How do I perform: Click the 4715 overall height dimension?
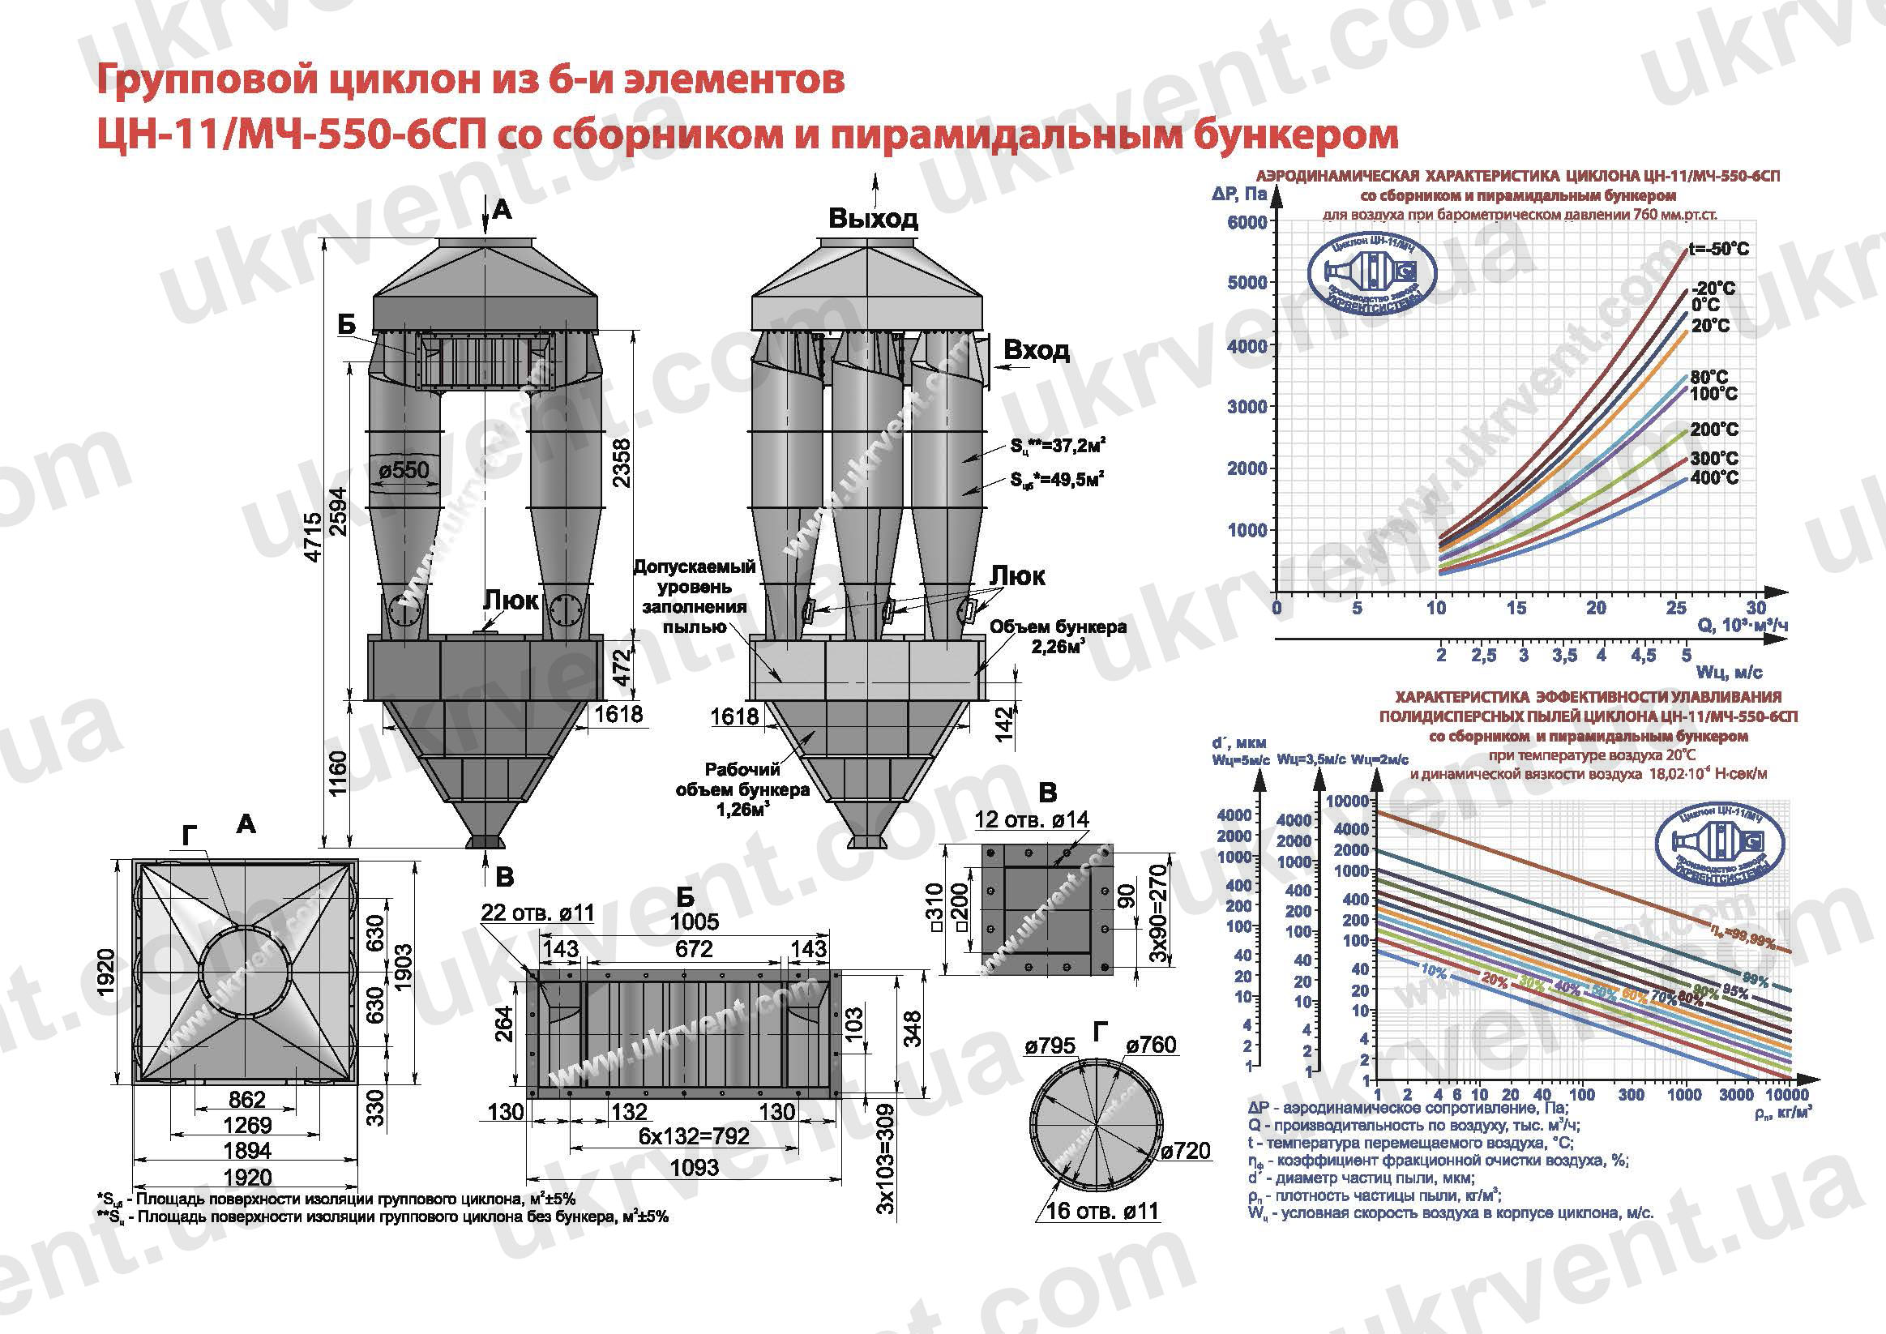click(313, 538)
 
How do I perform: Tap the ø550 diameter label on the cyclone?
click(404, 470)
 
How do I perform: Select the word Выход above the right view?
click(872, 219)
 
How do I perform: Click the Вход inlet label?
click(1037, 351)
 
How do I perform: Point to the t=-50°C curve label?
click(1718, 249)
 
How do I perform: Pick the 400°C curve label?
click(1714, 477)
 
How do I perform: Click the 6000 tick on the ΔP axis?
click(1247, 223)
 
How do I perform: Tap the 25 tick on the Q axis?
click(1676, 608)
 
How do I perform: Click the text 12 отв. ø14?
click(1032, 820)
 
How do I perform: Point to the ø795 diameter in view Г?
click(1050, 1045)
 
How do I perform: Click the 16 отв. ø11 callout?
click(1101, 1211)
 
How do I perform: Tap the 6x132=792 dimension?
click(694, 1136)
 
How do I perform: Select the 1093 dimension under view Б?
click(694, 1167)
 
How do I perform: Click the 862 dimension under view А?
click(246, 1100)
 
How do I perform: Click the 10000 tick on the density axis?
click(1785, 1095)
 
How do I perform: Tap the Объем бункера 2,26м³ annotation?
click(1057, 636)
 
